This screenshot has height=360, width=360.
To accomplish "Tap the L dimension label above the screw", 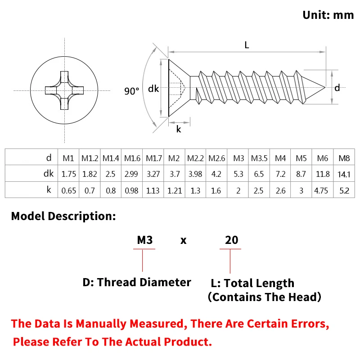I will [247, 45].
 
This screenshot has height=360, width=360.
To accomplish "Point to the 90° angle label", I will [131, 91].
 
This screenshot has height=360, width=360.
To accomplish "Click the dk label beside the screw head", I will [153, 89].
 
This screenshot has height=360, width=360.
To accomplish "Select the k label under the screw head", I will [179, 129].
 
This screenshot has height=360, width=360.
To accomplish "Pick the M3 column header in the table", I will [238, 158].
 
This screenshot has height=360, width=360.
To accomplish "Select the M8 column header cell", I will [344, 158].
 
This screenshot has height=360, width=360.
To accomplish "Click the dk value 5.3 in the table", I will [238, 174].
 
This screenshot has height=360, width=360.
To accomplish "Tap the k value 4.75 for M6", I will [321, 190].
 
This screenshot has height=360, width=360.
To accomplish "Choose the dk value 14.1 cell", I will [344, 174].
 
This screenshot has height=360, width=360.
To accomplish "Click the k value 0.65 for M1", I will [68, 190].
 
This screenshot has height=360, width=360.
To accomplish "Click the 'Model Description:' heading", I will [63, 216].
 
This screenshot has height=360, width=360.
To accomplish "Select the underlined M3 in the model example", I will [144, 240].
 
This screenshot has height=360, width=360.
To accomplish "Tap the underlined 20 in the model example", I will [231, 240].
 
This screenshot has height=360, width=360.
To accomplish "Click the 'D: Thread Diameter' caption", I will [137, 282].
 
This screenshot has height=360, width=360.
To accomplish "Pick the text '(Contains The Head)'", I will [265, 297].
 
